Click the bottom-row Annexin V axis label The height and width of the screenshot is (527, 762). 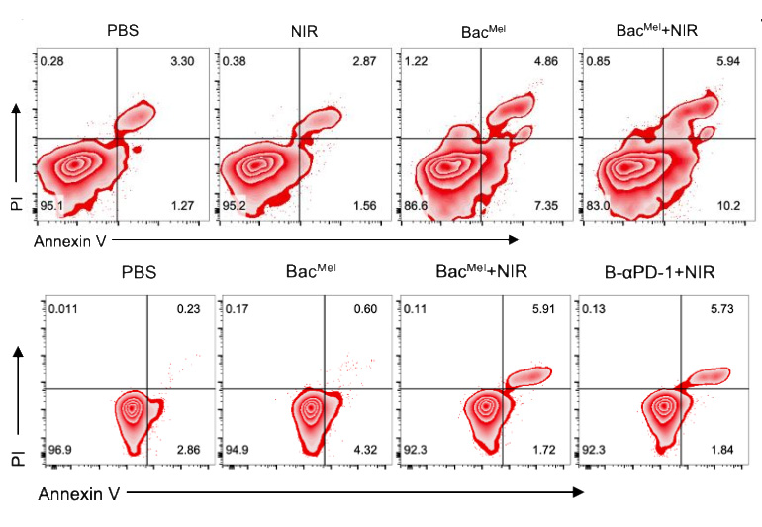[78, 490]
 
